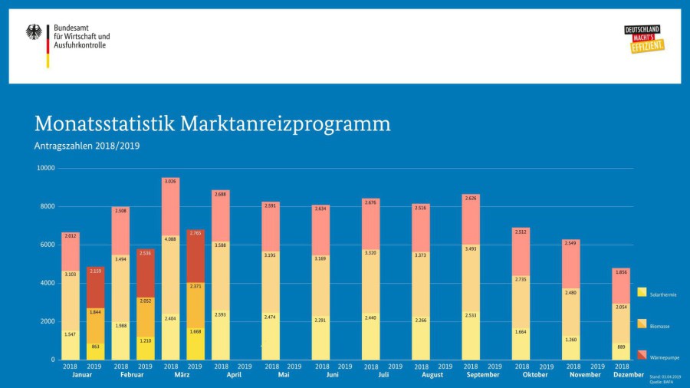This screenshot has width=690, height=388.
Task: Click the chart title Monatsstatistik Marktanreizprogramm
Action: tap(212, 123)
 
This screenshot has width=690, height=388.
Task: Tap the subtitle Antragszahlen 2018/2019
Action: tap(87, 146)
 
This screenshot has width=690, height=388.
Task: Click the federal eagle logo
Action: tap(34, 32)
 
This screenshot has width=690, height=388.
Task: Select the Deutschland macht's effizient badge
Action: tap(644, 39)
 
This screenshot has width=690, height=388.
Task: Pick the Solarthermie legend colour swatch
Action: tap(641, 292)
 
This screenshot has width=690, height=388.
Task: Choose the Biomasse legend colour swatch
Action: tap(641, 324)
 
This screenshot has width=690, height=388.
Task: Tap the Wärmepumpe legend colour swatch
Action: tap(641, 356)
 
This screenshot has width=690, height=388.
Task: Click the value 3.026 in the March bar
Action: tap(171, 182)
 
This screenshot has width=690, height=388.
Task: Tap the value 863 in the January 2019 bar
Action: tap(95, 347)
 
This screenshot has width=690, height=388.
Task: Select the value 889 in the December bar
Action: tap(621, 347)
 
